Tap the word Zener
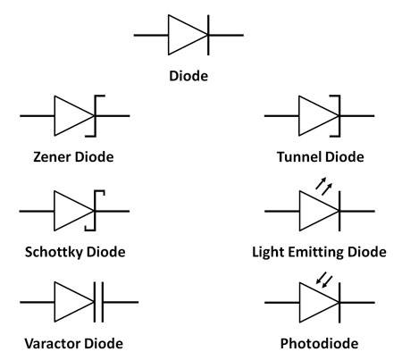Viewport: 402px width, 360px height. [52, 157]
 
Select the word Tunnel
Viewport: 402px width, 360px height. [298, 157]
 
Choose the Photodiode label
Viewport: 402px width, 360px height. [319, 343]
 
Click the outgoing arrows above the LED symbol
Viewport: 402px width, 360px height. [323, 187]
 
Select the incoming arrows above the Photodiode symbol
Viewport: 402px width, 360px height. [324, 280]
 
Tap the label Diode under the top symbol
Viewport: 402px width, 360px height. [188, 76]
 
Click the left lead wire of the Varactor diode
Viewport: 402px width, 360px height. [38, 302]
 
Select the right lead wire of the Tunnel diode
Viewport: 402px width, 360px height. [356, 115]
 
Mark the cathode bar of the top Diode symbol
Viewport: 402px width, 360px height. [208, 35]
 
